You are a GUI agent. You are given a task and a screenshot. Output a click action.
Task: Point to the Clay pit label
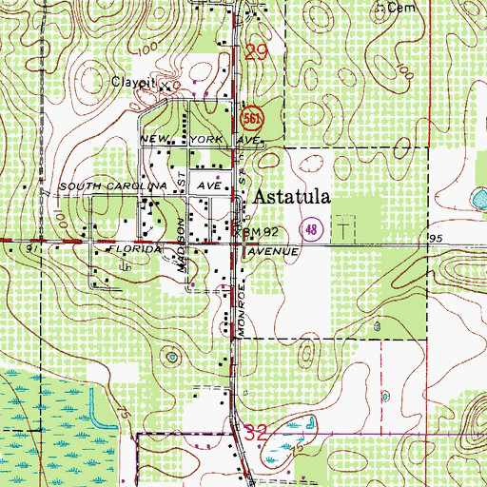point(134,83)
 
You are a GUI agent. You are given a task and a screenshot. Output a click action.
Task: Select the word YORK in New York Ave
point(210,139)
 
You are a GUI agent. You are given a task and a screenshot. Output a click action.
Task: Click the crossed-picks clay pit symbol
point(163,85)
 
